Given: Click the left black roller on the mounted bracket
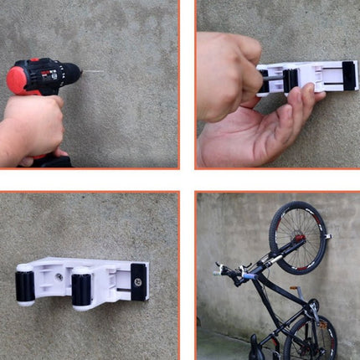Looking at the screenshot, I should (x=26, y=285).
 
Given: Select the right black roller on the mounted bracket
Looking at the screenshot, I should (x=84, y=290).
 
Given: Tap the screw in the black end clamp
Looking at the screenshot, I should (x=136, y=281).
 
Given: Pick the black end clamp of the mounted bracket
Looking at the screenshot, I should (x=138, y=281).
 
